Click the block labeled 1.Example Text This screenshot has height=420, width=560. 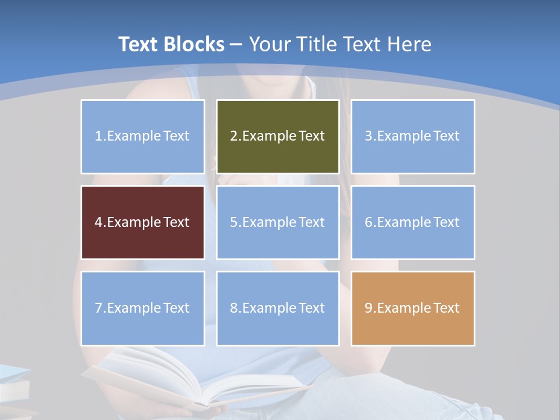click(143, 136)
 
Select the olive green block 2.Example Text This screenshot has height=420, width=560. click(278, 136)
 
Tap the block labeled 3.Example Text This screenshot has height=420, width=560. click(412, 136)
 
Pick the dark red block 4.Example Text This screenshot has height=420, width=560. click(143, 222)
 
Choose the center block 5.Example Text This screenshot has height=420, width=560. click(278, 222)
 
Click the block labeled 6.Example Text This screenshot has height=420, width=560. click(412, 222)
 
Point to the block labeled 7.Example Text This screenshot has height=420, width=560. click(143, 308)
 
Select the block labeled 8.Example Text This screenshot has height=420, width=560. click(278, 308)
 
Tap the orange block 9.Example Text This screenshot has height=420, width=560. click(412, 308)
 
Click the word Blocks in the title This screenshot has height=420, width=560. click(194, 44)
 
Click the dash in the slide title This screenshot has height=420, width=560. click(236, 44)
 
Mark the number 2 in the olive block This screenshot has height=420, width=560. click(233, 136)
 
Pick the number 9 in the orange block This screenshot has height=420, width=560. click(368, 308)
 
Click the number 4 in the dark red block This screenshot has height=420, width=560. click(99, 222)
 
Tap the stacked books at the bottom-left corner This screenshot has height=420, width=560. click(13, 388)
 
